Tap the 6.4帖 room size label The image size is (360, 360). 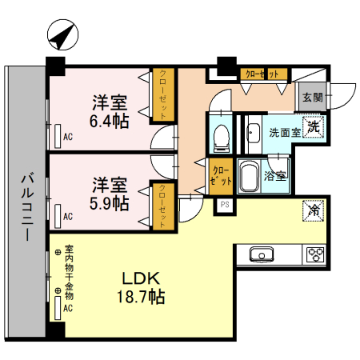tap(109, 111)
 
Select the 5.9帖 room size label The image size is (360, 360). tap(110, 193)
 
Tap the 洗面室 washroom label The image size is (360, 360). tap(284, 132)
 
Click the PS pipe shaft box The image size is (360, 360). tap(226, 204)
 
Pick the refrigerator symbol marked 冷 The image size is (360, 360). tap(314, 212)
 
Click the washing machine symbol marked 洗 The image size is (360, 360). tap(314, 126)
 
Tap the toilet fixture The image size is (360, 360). tap(221, 136)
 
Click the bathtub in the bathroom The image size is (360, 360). tap(250, 177)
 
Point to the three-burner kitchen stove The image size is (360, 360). tap(315, 255)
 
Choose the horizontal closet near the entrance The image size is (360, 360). tap(265, 74)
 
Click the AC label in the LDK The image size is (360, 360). tap(68, 308)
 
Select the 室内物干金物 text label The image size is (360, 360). tap(69, 268)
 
